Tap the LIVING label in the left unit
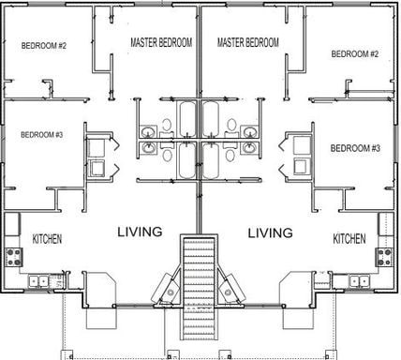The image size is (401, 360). coord(140,232)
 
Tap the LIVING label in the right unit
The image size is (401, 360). coord(270,232)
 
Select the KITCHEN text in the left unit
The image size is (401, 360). coord(47,240)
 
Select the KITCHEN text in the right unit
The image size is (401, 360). coord(349,240)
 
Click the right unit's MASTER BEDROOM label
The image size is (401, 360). coord(247,42)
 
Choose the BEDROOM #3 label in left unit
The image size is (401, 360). coord(41,135)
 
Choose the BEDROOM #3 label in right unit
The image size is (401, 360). coord(355,148)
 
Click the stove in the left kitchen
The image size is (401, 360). coord(13,254)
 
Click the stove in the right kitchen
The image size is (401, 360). coord(385,254)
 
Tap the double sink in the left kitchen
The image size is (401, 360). coord(38,280)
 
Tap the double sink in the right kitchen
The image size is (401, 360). coord(358,280)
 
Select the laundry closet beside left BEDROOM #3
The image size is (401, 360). coord(97,157)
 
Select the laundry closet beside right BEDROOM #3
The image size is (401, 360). coord(300,157)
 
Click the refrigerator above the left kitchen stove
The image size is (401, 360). coord(12,225)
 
